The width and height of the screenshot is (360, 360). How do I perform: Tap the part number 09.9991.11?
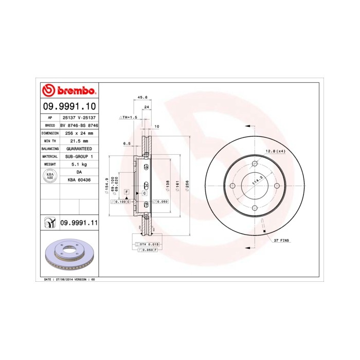[79, 222]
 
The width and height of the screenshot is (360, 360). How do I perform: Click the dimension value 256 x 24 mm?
[79, 133]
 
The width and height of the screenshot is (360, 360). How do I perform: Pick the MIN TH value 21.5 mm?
[79, 140]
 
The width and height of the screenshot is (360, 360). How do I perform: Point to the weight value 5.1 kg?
[79, 164]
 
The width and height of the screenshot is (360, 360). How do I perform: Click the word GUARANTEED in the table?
[79, 148]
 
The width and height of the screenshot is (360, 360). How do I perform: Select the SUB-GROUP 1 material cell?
[79, 156]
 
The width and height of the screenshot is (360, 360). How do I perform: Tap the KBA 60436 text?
[79, 179]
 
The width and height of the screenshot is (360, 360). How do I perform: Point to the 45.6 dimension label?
[143, 97]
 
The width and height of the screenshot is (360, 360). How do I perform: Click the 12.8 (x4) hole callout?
[275, 151]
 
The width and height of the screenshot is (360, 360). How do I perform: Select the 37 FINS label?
[282, 241]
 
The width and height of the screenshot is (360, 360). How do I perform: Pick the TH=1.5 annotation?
[129, 117]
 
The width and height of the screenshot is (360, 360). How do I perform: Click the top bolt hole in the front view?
[255, 164]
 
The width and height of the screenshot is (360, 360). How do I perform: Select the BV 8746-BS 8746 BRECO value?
[79, 125]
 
